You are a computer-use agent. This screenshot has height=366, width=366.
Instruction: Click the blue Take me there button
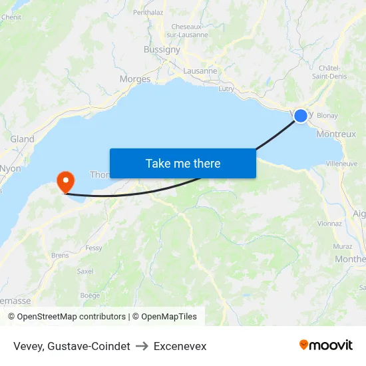(x=182, y=163)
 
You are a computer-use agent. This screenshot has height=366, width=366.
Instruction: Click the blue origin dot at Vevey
(x=301, y=115)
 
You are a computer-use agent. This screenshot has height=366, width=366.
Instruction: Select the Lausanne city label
(x=200, y=71)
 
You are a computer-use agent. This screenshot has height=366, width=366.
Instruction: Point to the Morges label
(x=135, y=79)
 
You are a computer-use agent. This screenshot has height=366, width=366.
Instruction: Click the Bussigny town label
(x=162, y=49)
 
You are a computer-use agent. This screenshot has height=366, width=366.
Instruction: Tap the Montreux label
(x=336, y=134)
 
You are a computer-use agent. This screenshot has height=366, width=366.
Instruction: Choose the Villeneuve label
(x=341, y=163)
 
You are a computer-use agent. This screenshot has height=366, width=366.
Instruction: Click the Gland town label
(x=22, y=139)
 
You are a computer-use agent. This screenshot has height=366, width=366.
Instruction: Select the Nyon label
(x=11, y=168)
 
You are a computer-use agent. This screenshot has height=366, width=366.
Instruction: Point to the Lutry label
(x=227, y=88)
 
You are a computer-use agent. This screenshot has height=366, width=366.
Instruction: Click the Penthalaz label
(x=148, y=12)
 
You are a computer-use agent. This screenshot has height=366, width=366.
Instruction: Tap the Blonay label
(x=327, y=115)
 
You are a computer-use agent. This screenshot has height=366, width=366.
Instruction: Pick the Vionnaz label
(x=329, y=225)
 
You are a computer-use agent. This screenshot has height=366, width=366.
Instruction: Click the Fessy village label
(x=94, y=248)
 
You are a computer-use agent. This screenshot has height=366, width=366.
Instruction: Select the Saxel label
(x=85, y=271)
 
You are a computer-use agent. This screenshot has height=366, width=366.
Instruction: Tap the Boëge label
(x=90, y=295)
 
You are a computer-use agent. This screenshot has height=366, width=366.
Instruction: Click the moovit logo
(x=326, y=345)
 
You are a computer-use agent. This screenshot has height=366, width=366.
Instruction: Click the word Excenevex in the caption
(x=180, y=346)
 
